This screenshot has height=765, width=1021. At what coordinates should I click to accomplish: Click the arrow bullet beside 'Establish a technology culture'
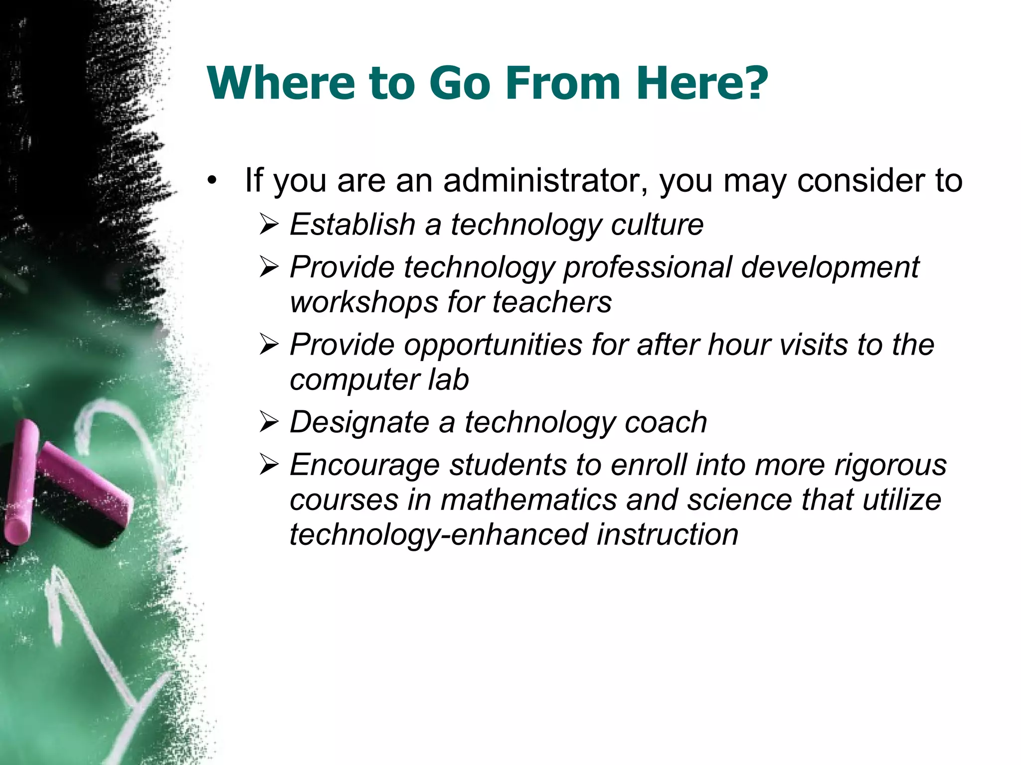(269, 225)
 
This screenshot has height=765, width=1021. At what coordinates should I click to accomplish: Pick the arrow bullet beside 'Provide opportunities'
(269, 345)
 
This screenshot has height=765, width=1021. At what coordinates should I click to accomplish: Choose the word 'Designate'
(359, 422)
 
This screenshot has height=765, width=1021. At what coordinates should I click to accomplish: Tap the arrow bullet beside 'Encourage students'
(269, 466)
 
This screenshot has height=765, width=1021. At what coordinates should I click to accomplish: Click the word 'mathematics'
(529, 500)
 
